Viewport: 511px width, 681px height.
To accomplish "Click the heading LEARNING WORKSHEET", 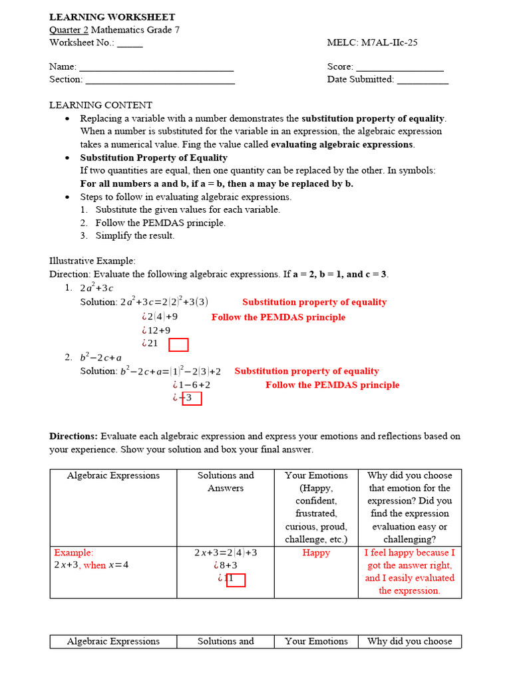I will click(112, 17).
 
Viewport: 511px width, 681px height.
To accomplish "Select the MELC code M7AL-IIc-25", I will click(389, 43).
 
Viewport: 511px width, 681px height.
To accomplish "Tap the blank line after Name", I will click(156, 67).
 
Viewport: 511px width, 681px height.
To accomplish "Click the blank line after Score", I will click(400, 67).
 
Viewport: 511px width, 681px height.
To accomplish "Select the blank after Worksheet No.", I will click(130, 43).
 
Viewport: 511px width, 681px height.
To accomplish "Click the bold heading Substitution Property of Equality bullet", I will click(154, 158).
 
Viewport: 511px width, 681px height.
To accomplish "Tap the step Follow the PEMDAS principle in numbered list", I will click(160, 223).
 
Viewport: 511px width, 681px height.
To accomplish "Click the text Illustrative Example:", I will click(92, 261).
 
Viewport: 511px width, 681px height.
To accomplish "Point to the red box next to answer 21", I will click(178, 344).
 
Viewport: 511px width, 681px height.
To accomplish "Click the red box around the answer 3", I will click(192, 398).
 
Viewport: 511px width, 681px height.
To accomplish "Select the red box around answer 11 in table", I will click(236, 580).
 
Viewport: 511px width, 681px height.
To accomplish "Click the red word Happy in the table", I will click(316, 553).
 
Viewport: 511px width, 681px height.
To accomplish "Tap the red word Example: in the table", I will click(74, 553).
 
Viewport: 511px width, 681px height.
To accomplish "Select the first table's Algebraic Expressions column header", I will click(113, 476).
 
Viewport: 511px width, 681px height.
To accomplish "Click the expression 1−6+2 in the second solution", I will click(194, 385).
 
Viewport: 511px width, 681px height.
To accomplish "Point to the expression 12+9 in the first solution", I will click(158, 331).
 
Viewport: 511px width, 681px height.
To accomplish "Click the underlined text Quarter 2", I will click(69, 30).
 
